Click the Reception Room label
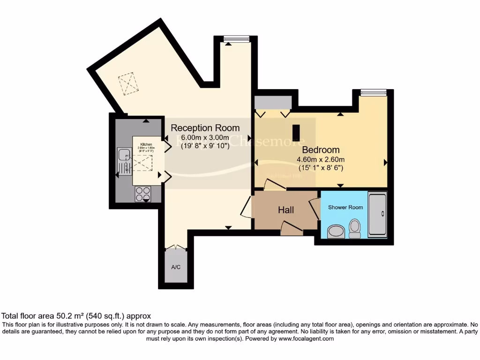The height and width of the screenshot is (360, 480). (x=205, y=127)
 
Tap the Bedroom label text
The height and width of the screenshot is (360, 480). (x=321, y=150)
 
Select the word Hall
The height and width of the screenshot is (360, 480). (x=286, y=210)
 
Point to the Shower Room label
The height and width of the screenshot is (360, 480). (x=345, y=207)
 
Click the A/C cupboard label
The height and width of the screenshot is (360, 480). (x=176, y=267)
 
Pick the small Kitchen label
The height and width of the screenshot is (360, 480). (x=146, y=145)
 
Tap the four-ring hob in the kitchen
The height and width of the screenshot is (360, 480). (x=142, y=193)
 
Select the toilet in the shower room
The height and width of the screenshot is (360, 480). (x=355, y=229)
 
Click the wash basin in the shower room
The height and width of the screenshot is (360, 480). (x=335, y=231)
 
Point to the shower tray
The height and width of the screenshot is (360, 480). (x=378, y=214)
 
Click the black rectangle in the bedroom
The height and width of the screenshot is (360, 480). (x=296, y=133)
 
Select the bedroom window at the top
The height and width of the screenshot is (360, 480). (x=373, y=91)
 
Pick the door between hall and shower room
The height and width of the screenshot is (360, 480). (x=313, y=208)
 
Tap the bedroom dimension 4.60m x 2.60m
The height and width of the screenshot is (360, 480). (x=321, y=159)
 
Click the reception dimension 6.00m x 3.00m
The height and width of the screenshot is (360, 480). (x=205, y=137)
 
